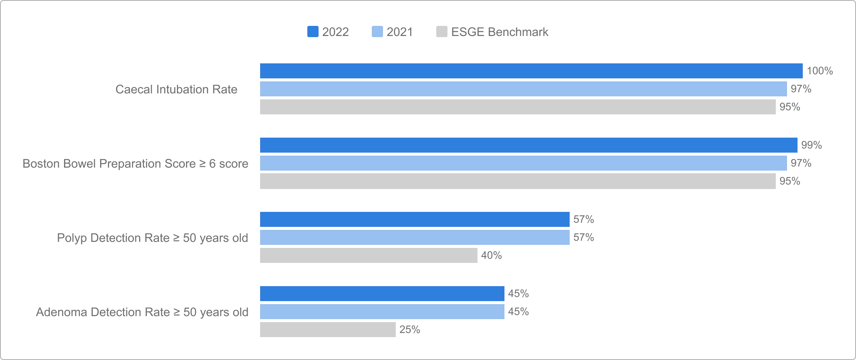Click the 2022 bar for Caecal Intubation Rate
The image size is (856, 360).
pos(531,71)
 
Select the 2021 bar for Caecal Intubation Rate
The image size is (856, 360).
pos(524,89)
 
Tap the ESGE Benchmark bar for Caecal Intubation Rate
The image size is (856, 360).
pos(518,107)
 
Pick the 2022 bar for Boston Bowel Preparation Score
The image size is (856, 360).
pos(529,145)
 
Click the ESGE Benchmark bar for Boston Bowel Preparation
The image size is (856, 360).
pos(518,181)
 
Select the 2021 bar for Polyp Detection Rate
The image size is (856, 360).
pos(415,237)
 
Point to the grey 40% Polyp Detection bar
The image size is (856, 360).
pos(369,255)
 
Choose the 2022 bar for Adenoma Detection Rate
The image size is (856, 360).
pos(382,294)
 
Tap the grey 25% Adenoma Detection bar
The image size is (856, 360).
pos(328,330)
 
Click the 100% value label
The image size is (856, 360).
pos(820,71)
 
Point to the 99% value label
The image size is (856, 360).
pos(812,145)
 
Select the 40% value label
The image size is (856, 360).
pos(492,255)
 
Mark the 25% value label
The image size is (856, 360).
pos(410,330)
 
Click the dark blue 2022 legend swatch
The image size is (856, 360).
pos(313,31)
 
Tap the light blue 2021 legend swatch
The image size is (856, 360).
pos(377,31)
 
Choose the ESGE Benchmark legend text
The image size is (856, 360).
pos(500,32)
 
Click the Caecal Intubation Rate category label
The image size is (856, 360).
pos(177,89)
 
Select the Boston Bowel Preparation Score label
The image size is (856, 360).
pos(135,163)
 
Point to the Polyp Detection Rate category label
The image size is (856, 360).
pos(153,238)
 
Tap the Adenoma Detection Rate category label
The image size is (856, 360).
pos(142,312)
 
